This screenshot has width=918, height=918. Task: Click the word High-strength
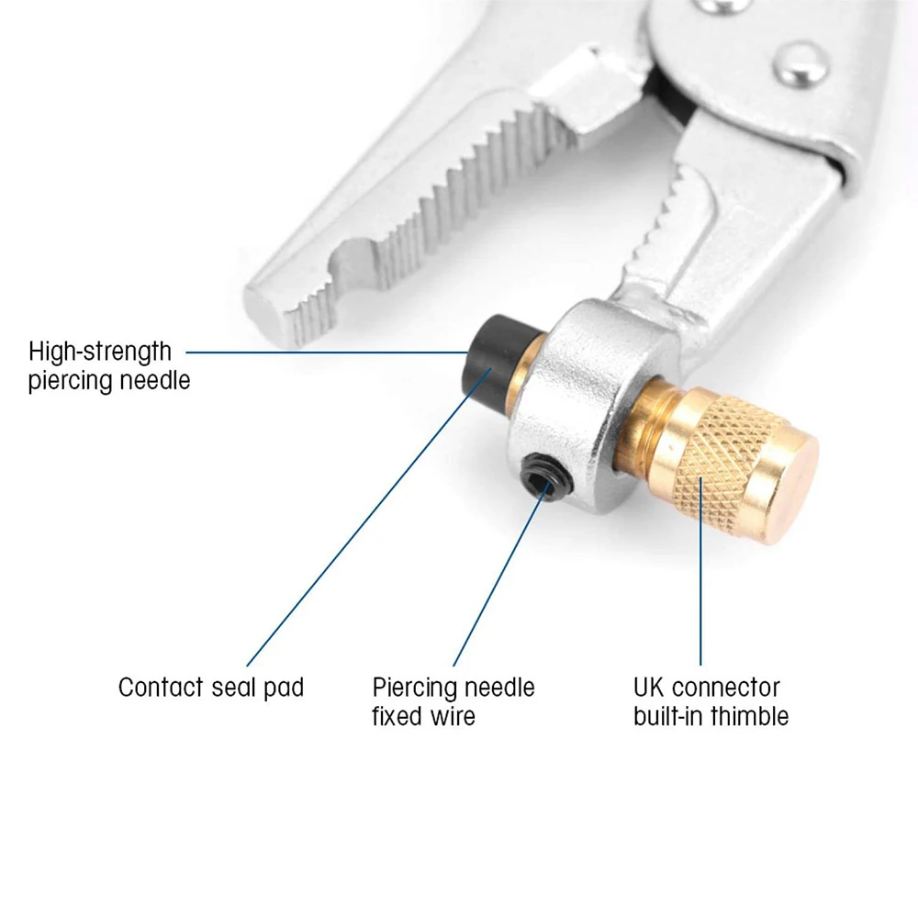100,353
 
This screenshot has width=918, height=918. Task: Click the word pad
284,689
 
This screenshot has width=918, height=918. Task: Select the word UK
649,688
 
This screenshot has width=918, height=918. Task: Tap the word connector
726,688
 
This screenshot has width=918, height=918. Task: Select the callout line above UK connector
700,571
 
